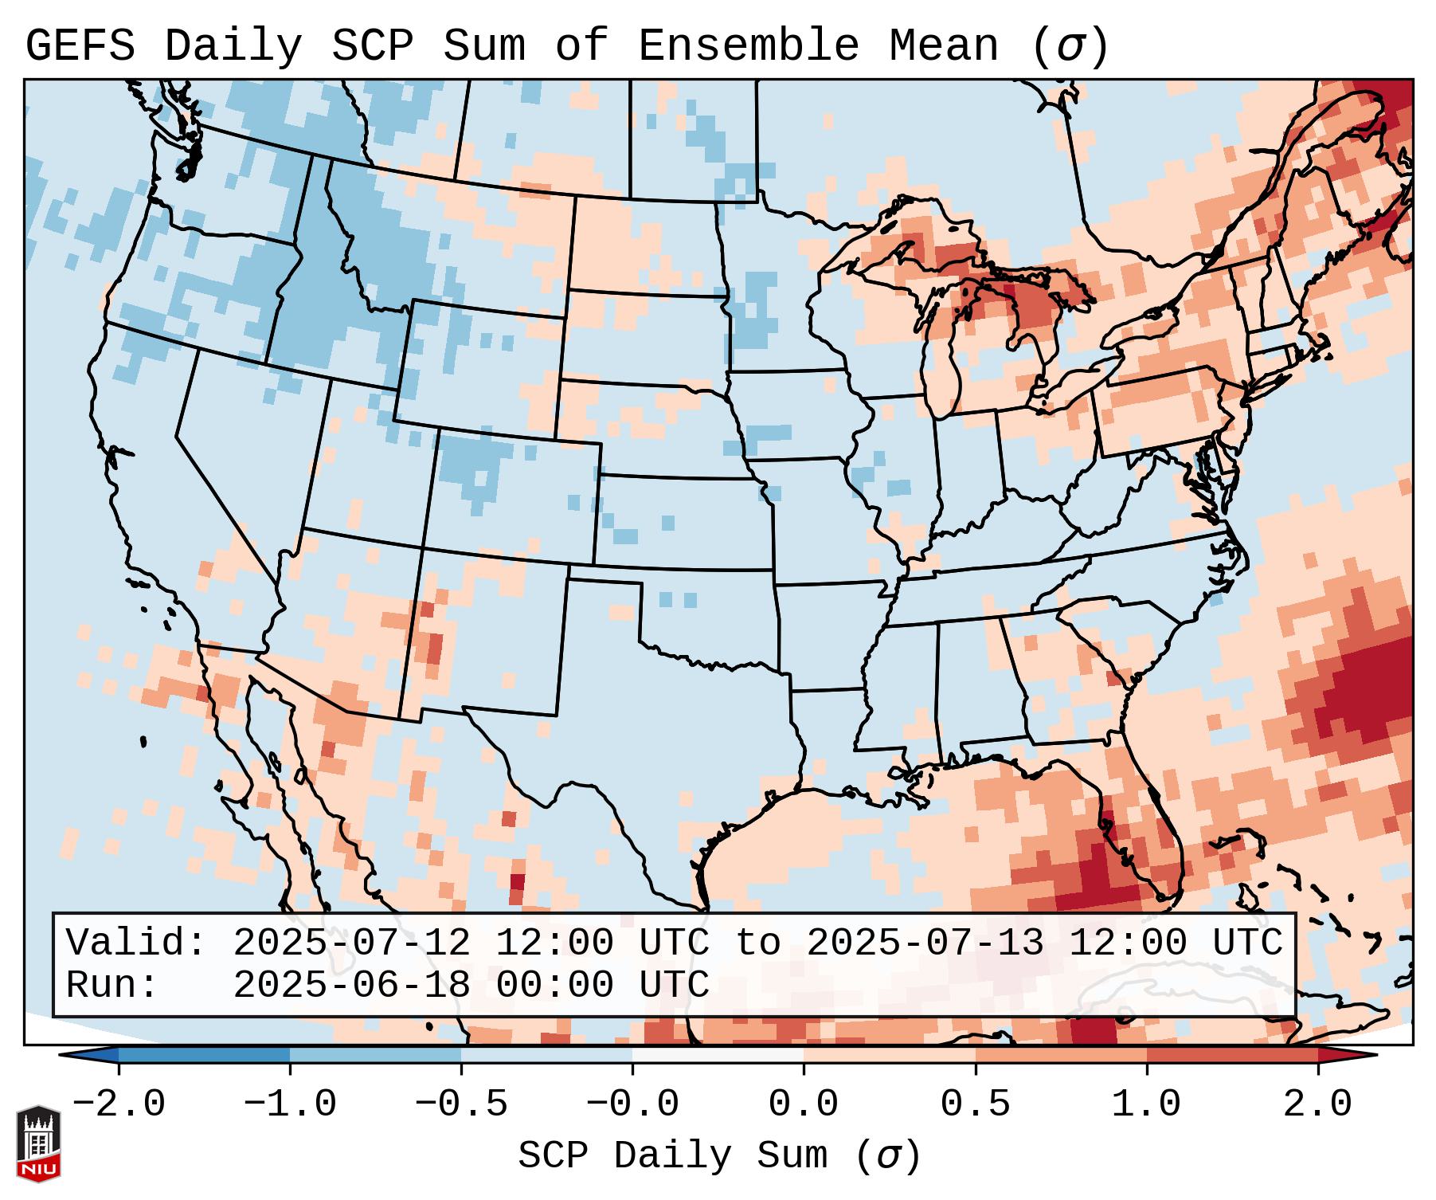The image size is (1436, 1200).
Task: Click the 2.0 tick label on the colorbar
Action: pos(1317,1104)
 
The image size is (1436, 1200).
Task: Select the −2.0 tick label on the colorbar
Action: pos(119,1104)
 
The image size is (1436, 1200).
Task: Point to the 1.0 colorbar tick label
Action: pos(1146,1104)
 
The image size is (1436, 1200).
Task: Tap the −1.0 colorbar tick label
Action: pos(290,1104)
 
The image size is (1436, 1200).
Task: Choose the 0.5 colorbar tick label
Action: pos(975,1104)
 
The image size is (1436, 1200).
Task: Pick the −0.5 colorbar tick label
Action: pos(461,1104)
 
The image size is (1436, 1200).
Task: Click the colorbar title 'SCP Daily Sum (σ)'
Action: pos(718,1156)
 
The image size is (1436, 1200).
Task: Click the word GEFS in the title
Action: pos(80,46)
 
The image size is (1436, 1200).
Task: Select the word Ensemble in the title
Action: pos(748,46)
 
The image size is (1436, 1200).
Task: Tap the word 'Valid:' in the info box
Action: pos(136,943)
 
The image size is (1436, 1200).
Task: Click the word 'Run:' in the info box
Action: pos(112,985)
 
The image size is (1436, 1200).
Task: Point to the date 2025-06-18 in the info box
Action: pos(351,985)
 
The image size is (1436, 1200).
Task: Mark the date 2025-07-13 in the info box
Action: pos(925,943)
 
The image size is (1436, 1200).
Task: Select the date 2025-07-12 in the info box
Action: pos(351,943)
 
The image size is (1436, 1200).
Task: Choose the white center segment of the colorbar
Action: pos(718,1055)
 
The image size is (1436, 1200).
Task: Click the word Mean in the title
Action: pos(943,46)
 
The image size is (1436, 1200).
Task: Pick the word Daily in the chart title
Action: pos(233,46)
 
